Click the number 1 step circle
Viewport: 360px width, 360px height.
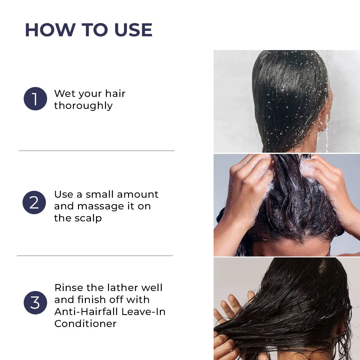35,99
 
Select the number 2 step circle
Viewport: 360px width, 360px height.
34,202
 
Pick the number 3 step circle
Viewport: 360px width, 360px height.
35,303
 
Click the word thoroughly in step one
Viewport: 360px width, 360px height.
83,106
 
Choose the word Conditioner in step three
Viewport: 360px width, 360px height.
85,324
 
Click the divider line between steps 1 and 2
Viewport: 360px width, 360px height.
97,151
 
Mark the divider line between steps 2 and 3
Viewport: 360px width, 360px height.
95,256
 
